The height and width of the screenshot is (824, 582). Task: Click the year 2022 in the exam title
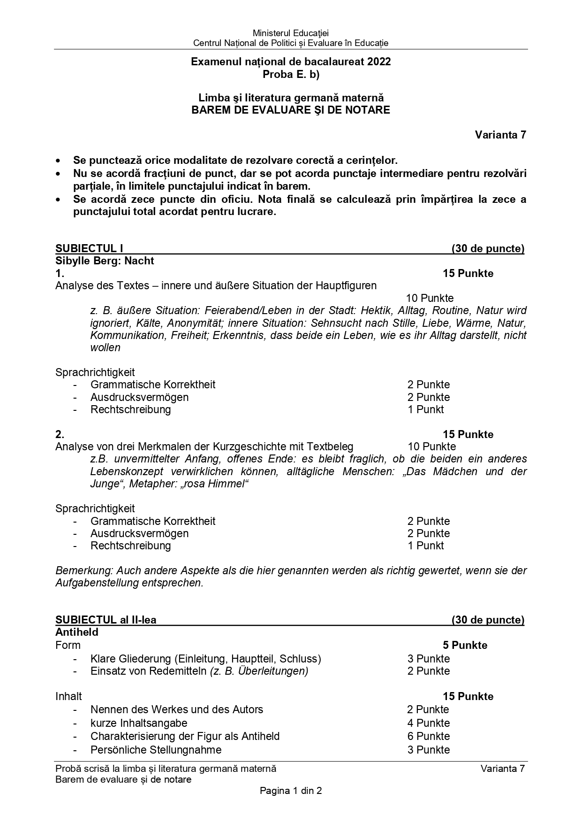click(x=379, y=62)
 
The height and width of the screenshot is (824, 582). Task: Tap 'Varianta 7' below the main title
click(x=500, y=135)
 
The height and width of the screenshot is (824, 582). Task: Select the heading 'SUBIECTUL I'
click(x=89, y=248)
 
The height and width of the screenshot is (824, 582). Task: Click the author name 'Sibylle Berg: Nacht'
click(x=105, y=261)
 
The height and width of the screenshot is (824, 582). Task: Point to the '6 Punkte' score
click(x=428, y=736)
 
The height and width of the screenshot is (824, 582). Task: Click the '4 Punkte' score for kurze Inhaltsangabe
click(x=428, y=723)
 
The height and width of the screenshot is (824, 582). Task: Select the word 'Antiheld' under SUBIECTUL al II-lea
click(x=77, y=632)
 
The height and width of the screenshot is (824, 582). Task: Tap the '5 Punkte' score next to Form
click(x=465, y=645)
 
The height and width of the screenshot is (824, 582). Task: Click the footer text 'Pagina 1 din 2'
click(x=291, y=791)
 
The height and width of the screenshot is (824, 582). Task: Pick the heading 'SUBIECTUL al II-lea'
click(x=106, y=620)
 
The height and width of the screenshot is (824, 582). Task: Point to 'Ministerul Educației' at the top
click(x=291, y=33)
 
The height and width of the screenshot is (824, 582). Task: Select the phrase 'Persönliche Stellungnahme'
click(x=156, y=750)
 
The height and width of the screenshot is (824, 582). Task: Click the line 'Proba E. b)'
click(x=291, y=74)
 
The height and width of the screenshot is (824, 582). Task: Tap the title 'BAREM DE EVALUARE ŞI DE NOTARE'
click(x=291, y=110)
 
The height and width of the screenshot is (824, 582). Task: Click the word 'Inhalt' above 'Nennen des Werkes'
click(x=68, y=696)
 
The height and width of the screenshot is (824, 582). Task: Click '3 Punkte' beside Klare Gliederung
click(x=428, y=659)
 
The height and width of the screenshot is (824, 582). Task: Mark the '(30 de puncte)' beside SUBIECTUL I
click(x=488, y=248)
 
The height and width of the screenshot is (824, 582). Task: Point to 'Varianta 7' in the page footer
click(x=502, y=769)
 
